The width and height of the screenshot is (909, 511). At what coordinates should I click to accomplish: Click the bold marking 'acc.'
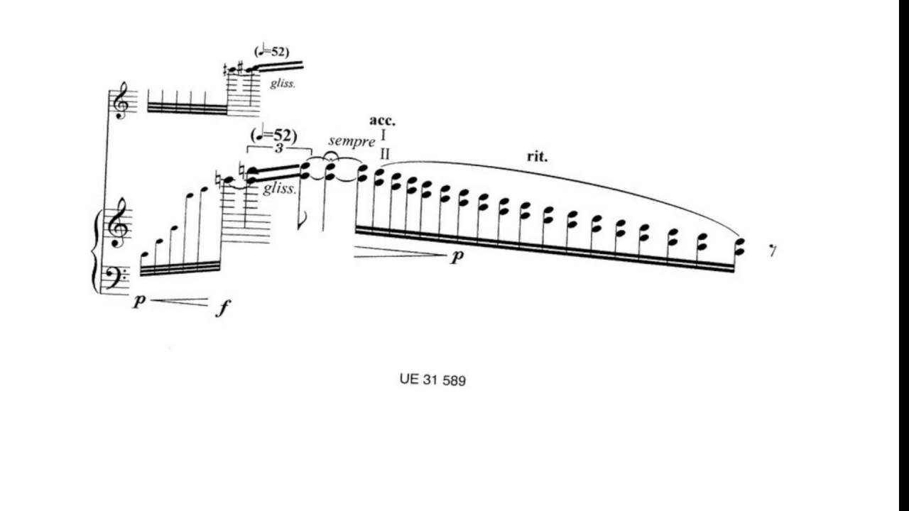[382, 121]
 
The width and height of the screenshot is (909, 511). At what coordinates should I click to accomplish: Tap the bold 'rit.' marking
[537, 157]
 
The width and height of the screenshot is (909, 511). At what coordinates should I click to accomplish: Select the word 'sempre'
[352, 141]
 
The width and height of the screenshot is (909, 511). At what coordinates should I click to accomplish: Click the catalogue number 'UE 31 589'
[432, 380]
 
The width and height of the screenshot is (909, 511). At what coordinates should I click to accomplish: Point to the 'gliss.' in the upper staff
[283, 84]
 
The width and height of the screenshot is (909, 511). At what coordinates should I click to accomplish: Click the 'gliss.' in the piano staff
[280, 189]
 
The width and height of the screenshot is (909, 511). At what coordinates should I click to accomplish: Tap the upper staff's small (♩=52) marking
[271, 51]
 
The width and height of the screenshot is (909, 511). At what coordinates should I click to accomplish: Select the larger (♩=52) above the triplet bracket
[274, 134]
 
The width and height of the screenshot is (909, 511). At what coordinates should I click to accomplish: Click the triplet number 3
[279, 148]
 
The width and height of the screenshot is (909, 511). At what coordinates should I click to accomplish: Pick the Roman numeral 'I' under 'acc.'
[384, 136]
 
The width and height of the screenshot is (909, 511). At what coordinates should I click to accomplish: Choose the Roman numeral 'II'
[385, 155]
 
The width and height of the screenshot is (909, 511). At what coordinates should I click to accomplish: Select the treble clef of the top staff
[121, 101]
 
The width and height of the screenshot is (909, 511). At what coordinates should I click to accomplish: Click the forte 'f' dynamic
[223, 308]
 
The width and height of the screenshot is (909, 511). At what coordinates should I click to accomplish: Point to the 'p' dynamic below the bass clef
[139, 301]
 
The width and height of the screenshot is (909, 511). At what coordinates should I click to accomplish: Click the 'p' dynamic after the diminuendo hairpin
[457, 255]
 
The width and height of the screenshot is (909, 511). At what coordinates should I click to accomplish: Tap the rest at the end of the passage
[773, 251]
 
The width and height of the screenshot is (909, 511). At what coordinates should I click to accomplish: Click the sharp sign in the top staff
[240, 67]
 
